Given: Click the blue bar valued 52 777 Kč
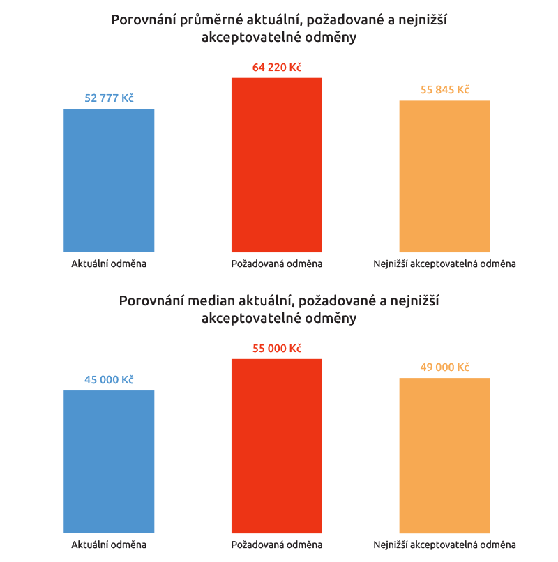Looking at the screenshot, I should click(x=109, y=180).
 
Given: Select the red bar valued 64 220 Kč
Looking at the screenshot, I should click(x=277, y=165).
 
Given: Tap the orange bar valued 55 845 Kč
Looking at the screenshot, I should click(x=444, y=176).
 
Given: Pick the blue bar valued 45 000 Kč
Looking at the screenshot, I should click(x=109, y=462).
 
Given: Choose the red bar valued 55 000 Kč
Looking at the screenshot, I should click(x=277, y=446).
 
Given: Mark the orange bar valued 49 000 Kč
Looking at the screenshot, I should click(x=444, y=455).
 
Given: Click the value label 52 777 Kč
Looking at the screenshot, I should click(x=109, y=98).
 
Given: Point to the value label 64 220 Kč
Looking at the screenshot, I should click(x=277, y=68).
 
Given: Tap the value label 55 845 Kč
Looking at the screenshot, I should click(x=444, y=90).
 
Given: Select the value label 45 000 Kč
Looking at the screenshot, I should click(x=109, y=380).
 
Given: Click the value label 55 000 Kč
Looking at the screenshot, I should click(x=277, y=349).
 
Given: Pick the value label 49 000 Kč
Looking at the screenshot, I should click(x=444, y=367).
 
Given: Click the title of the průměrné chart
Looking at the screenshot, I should click(x=279, y=29).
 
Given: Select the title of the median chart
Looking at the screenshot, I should click(x=279, y=310).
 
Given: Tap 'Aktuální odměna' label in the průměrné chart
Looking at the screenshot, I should click(x=109, y=264).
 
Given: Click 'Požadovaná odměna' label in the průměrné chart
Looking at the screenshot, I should click(x=277, y=264).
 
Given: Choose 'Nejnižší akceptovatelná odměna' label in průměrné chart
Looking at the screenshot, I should click(x=444, y=264).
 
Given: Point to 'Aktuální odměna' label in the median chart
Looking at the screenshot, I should click(x=109, y=545).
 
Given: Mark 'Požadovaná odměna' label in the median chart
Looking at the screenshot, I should click(x=277, y=545).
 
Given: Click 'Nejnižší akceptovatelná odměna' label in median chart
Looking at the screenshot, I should click(x=444, y=545).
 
